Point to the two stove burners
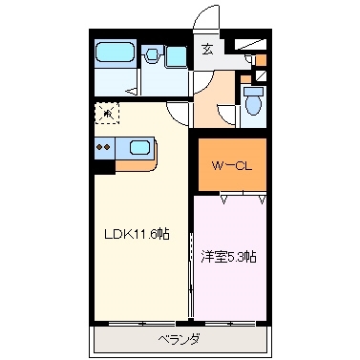pyautogui.click(x=104, y=148)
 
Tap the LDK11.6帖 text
pyautogui.click(x=137, y=233)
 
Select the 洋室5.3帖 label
pyautogui.click(x=234, y=256)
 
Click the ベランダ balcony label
pyautogui.click(x=179, y=339)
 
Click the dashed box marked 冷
pyautogui.click(x=108, y=115)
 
